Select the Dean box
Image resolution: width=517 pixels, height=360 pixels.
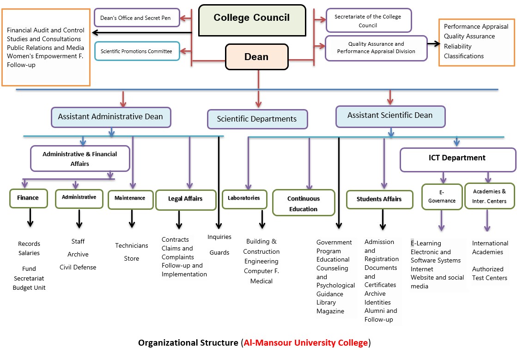pyautogui.click(x=256, y=57)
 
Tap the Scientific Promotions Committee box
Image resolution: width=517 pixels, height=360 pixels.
pyautogui.click(x=136, y=51)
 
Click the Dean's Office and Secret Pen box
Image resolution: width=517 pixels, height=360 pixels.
pyautogui.click(x=136, y=18)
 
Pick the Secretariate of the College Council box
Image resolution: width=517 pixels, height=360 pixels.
pyautogui.click(x=368, y=21)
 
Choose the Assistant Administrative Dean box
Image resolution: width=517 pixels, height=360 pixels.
pyautogui.click(x=110, y=117)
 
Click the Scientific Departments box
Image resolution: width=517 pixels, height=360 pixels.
pyautogui.click(x=257, y=119)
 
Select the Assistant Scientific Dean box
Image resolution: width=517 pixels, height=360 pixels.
pyautogui.click(x=390, y=116)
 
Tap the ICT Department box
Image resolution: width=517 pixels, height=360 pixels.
pyautogui.click(x=457, y=158)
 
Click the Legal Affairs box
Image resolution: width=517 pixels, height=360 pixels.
pyautogui.click(x=186, y=199)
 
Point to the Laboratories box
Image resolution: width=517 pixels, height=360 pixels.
pyautogui.click(x=244, y=198)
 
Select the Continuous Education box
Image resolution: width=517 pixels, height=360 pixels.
pyautogui.click(x=304, y=203)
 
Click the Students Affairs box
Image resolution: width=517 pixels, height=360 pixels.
pyautogui.click(x=379, y=199)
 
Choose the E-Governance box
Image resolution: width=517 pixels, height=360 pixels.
pyautogui.click(x=442, y=196)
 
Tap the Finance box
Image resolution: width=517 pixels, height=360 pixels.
pyautogui.click(x=28, y=198)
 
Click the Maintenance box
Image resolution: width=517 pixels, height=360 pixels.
pyautogui.click(x=130, y=198)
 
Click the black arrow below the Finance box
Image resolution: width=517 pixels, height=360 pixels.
pyautogui.click(x=30, y=218)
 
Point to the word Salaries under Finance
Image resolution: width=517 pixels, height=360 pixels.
pyautogui.click(x=29, y=253)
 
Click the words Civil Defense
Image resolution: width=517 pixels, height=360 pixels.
pyautogui.click(x=78, y=267)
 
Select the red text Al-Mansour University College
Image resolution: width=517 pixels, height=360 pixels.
pyautogui.click(x=305, y=343)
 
